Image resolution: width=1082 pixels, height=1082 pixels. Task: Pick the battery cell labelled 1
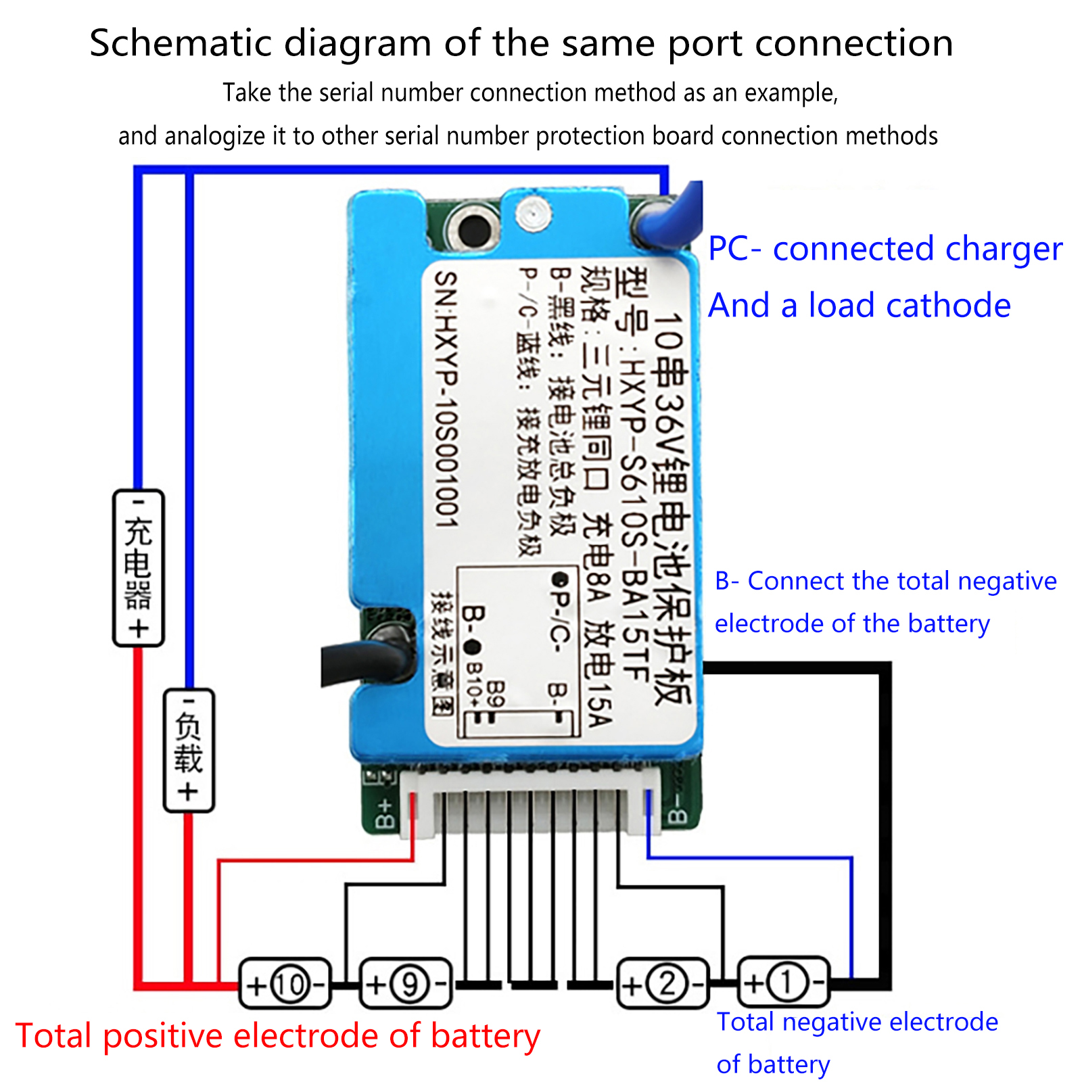[x=783, y=983]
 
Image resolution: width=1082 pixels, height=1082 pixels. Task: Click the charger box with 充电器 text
[x=138, y=568]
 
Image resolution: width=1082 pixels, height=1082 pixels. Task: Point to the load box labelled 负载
[x=189, y=750]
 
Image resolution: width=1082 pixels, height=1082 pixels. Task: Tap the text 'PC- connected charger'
[x=885, y=249]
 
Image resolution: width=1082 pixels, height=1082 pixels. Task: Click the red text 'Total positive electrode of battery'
[x=277, y=1036]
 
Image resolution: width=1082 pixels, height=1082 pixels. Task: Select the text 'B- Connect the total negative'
[x=885, y=581]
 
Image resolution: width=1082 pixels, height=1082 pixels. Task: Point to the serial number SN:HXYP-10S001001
[x=446, y=399]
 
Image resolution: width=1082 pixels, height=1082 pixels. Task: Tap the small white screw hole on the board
[x=533, y=214]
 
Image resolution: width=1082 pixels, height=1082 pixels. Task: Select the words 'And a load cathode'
[x=859, y=306]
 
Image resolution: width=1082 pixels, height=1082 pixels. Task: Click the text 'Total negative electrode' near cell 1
[x=857, y=1022]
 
